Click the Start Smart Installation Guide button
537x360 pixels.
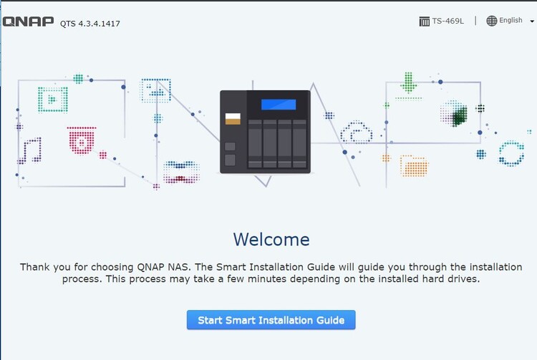tap(271, 320)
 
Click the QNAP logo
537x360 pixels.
tap(28, 21)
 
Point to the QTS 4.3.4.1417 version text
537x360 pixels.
tap(90, 24)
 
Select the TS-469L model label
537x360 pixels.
tap(447, 21)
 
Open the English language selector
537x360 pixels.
tap(511, 21)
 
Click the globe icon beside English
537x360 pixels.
tap(491, 21)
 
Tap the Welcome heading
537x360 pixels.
tap(271, 240)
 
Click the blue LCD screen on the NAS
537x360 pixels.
tap(279, 104)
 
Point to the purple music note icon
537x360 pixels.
tap(31, 150)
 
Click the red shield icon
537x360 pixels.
tap(82, 140)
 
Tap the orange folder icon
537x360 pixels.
tap(414, 166)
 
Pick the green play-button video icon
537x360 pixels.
tap(53, 99)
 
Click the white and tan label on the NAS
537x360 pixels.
tap(233, 118)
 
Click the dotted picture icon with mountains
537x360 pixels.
tap(156, 90)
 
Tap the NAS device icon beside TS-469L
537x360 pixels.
tap(424, 21)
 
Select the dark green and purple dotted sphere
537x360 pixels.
tap(454, 114)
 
